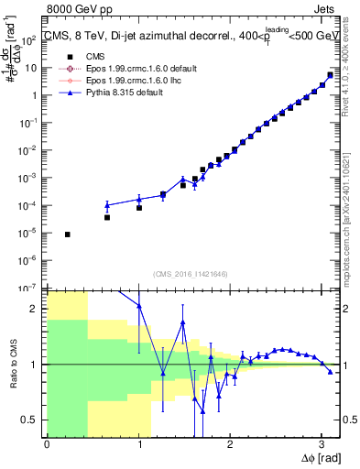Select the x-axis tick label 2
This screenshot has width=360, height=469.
click(229, 444)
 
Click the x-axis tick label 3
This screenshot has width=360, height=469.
click(321, 444)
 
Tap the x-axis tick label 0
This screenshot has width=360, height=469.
click(47, 444)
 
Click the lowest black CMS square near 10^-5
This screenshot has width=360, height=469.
click(68, 234)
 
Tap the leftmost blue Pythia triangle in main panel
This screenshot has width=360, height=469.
click(107, 205)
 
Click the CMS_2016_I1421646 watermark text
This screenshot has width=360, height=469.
click(191, 273)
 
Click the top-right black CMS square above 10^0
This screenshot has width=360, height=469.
click(331, 75)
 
